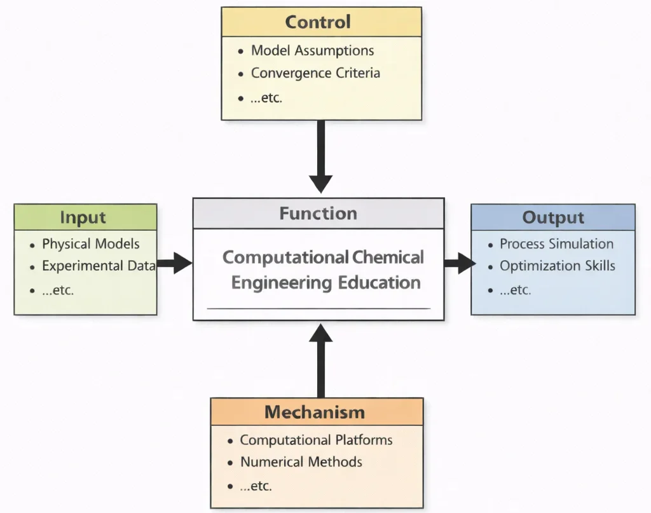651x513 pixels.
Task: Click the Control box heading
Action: [x=317, y=22]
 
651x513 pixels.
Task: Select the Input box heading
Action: [x=83, y=217]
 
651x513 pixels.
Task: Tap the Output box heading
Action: [x=552, y=217]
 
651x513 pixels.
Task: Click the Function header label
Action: [x=318, y=214]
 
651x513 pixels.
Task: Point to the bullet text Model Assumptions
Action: [x=312, y=50]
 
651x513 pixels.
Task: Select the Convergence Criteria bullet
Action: [x=315, y=73]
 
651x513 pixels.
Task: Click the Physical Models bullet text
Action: [x=90, y=244]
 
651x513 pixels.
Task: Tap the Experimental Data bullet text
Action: [x=98, y=266]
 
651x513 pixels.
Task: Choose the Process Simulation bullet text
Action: [x=556, y=244]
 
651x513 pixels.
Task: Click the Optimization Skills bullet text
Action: [x=557, y=266]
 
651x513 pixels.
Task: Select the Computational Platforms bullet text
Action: [x=316, y=440]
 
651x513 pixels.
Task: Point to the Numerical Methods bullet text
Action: [x=301, y=462]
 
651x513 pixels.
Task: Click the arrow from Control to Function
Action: [x=321, y=156]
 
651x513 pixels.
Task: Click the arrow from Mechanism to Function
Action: [x=321, y=360]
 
